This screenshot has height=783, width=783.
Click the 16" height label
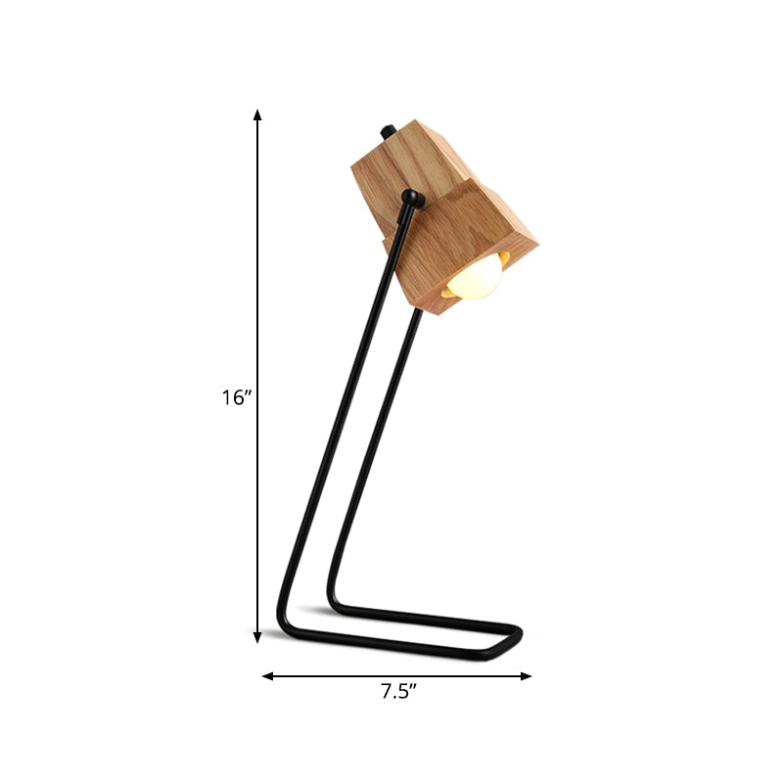237,397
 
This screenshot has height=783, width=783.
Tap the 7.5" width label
398,693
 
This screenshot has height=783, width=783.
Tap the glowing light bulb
477,277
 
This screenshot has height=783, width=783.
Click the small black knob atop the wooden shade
386,130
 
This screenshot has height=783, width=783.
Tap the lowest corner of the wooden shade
440,311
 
